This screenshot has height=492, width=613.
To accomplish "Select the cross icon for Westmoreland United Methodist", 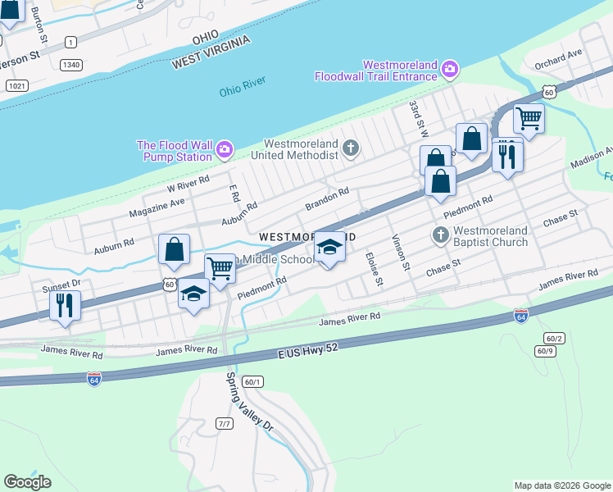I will coord(351,148).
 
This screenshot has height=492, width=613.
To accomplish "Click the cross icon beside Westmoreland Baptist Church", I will coord(440,236).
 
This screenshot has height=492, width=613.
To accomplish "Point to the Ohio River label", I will coord(243,90).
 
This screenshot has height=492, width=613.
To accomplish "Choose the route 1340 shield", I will coord(70,64).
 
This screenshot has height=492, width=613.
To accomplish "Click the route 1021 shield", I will coord(16,85).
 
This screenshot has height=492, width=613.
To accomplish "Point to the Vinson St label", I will coord(399,252).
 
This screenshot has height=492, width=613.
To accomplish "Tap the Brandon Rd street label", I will coord(327,198).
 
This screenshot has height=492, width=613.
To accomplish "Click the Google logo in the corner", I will coord(28,482).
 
